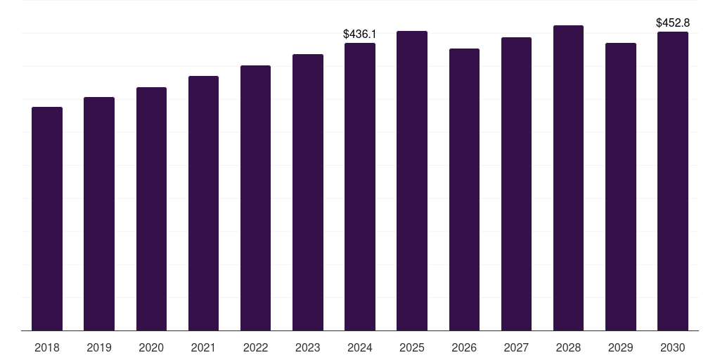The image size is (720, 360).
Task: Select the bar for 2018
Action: coord(47,219)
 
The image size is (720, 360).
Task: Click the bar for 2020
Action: coord(151,209)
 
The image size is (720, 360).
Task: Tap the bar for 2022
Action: coord(255,198)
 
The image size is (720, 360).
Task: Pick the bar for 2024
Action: coord(360,187)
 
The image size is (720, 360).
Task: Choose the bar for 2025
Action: coord(412,181)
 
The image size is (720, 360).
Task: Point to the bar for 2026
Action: coord(464,190)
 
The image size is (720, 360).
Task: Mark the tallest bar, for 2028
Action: coord(568,178)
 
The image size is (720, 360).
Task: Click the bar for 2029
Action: coord(621,187)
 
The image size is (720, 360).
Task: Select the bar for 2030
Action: coord(673,181)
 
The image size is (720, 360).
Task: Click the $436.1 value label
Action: coord(360,34)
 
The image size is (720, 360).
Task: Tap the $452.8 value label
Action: coord(673,23)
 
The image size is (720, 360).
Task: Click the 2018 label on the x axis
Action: coord(47,347)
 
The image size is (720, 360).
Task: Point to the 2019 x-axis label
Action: coord(99,347)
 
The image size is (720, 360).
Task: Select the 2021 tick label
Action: coord(203,347)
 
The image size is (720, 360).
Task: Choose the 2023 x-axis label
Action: coord(308,347)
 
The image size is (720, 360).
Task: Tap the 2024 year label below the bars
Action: coord(360,347)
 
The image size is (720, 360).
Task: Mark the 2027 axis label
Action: coord(516,347)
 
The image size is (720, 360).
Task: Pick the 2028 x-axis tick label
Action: coord(568,347)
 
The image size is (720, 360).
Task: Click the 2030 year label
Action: coord(673,347)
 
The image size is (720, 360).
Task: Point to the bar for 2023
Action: coord(308,193)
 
